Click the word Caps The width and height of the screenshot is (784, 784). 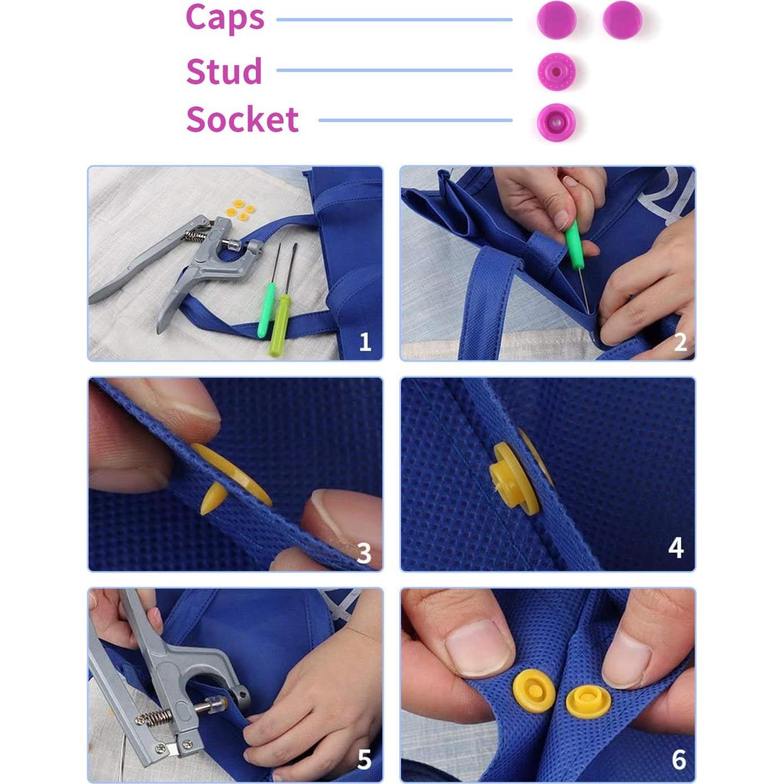click(x=224, y=19)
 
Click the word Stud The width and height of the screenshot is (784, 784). click(x=224, y=71)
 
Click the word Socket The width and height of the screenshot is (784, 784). click(x=242, y=120)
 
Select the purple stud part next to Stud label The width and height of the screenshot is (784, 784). click(x=556, y=71)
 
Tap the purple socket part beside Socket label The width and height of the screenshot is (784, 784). click(x=556, y=121)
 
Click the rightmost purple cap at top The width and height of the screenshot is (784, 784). click(x=622, y=19)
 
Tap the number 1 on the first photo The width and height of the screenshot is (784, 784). click(x=364, y=341)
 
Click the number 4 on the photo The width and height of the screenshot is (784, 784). click(x=675, y=547)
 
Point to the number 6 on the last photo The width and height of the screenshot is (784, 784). click(x=679, y=760)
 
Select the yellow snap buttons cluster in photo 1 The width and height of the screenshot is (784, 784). click(x=237, y=210)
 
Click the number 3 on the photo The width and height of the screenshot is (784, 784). click(x=363, y=553)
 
